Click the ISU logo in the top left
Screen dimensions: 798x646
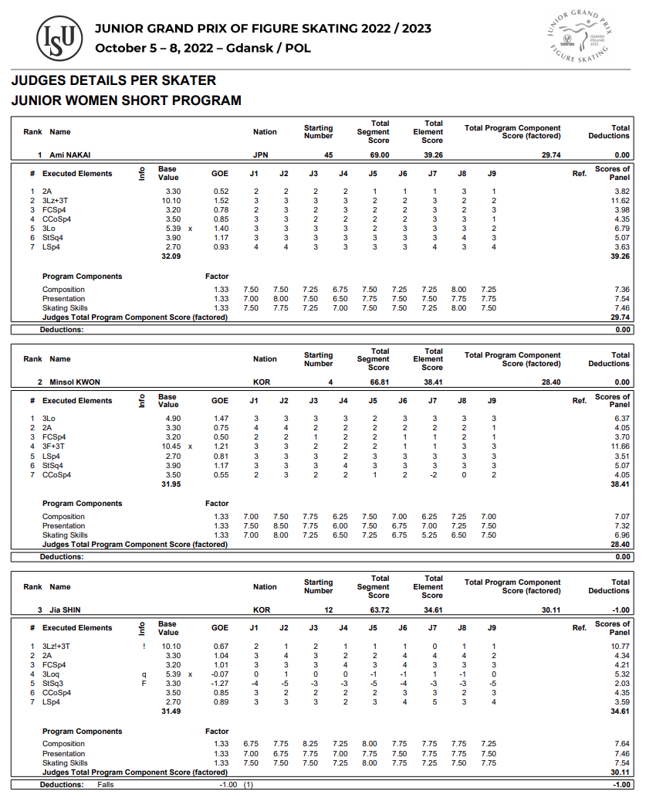click(x=60, y=38)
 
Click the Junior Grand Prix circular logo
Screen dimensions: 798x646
click(x=577, y=36)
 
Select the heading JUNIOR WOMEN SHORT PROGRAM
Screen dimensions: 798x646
click(x=126, y=100)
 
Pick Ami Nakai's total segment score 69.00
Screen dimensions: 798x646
click(x=378, y=155)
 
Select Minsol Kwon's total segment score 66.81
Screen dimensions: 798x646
click(x=378, y=382)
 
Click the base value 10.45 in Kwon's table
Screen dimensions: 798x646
click(x=171, y=447)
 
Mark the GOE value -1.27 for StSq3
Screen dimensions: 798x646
click(x=219, y=684)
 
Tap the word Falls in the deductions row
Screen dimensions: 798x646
click(x=106, y=785)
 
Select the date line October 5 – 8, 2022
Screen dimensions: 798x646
click(x=203, y=48)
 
